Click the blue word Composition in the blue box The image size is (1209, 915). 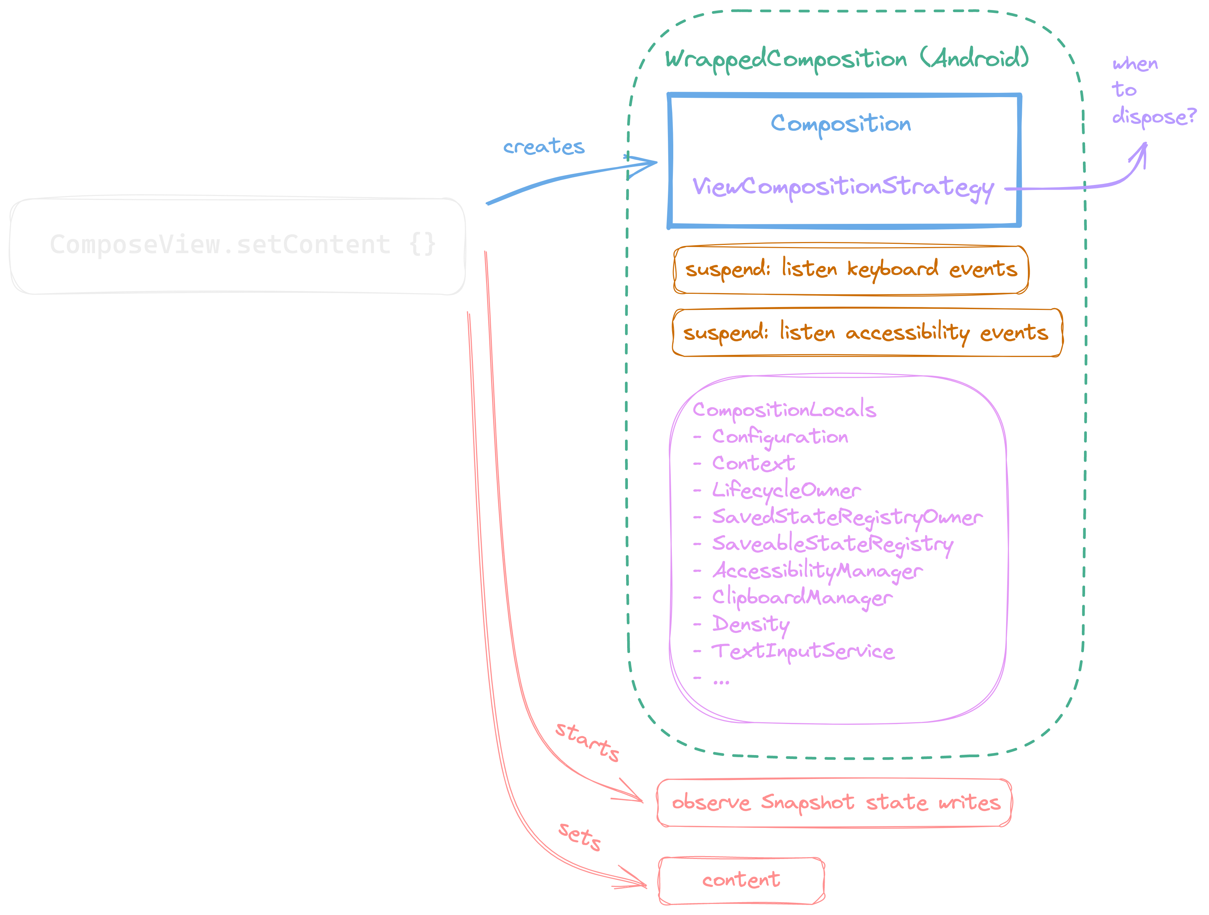pos(841,124)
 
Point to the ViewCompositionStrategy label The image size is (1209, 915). pos(843,187)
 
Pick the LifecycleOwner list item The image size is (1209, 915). pos(786,490)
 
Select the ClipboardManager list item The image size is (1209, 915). pos(802,597)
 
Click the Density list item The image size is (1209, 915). pos(750,624)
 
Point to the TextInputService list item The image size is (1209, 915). pos(802,651)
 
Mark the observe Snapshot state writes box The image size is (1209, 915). pos(835,803)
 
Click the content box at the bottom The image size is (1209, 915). pos(741,880)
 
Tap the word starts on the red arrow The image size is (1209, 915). pos(588,742)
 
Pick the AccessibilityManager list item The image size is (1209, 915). pos(817,571)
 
